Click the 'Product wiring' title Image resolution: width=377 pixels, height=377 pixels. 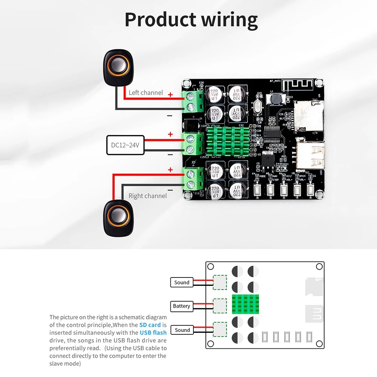pyautogui.click(x=191, y=20)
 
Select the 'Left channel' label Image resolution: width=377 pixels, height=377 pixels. pyautogui.click(x=146, y=93)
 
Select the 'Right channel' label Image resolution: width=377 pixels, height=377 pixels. pyautogui.click(x=147, y=196)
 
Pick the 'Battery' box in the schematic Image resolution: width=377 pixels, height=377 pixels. pyautogui.click(x=182, y=306)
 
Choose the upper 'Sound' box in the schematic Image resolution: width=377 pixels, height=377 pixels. pyautogui.click(x=182, y=282)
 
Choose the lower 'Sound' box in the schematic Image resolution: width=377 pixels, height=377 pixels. pyautogui.click(x=182, y=330)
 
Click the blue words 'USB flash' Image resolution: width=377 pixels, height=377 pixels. pyautogui.click(x=153, y=333)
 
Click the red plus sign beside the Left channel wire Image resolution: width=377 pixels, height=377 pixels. pyautogui.click(x=170, y=95)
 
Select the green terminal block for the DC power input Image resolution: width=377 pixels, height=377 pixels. pyautogui.click(x=193, y=143)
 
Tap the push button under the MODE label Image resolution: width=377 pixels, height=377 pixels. pyautogui.click(x=258, y=190)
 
